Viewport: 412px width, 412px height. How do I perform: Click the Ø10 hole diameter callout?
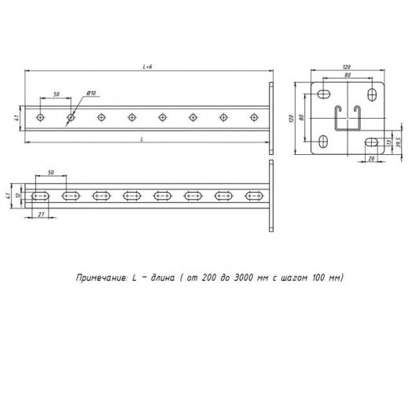coord(90,94)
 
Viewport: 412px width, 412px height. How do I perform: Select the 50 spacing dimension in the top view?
coord(56,94)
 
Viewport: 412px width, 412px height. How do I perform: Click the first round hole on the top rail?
coord(41,118)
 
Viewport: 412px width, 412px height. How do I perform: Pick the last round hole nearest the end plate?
coord(253,118)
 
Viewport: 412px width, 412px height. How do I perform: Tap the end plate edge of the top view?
coord(271,118)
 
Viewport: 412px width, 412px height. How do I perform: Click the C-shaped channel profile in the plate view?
coord(346,118)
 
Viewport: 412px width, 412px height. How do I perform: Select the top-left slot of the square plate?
coord(324,94)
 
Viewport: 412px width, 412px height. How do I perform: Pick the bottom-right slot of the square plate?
coord(368,142)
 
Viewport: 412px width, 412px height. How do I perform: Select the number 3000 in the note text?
coord(246,278)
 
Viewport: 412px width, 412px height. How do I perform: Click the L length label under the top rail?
coord(142,138)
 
